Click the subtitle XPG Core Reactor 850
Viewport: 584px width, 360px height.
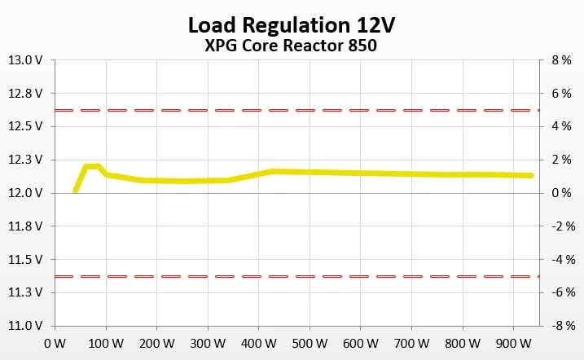tap(292, 46)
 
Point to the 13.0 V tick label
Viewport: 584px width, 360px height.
tap(26, 60)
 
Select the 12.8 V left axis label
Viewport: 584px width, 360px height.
tap(26, 94)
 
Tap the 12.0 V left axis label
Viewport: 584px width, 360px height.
tap(26, 193)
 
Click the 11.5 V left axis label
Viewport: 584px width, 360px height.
tap(26, 260)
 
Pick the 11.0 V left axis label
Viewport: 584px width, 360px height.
tap(26, 326)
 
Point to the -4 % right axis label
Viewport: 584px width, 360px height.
tap(561, 260)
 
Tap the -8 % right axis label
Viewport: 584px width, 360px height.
tap(561, 326)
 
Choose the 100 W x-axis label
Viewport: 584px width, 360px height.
tap(103, 343)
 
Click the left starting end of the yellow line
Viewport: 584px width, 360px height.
tap(75, 191)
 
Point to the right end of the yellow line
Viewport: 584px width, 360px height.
tap(532, 175)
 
